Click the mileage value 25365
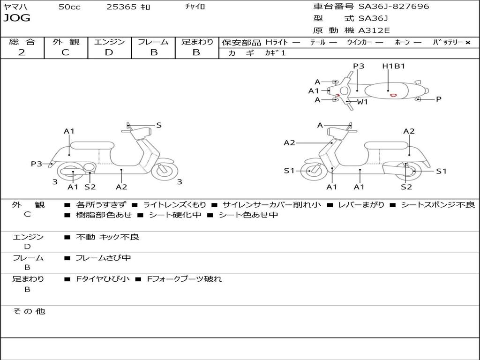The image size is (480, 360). pyautogui.click(x=121, y=7)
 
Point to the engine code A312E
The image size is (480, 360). pyautogui.click(x=374, y=31)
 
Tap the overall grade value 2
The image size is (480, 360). pyautogui.click(x=22, y=52)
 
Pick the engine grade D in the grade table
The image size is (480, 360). pyautogui.click(x=109, y=52)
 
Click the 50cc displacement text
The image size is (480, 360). pyautogui.click(x=69, y=7)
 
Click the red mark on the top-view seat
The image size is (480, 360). pyautogui.click(x=393, y=95)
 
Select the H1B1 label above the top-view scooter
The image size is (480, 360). pyautogui.click(x=393, y=66)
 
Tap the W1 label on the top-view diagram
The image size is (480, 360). pyautogui.click(x=362, y=102)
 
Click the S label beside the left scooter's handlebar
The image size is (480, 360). pyautogui.click(x=159, y=125)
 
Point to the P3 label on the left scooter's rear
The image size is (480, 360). pyautogui.click(x=37, y=164)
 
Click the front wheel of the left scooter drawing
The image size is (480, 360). pyautogui.click(x=165, y=171)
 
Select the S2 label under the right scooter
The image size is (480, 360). pyautogui.click(x=406, y=187)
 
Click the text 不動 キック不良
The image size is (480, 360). pyautogui.click(x=107, y=237)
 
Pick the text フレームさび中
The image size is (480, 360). pyautogui.click(x=103, y=258)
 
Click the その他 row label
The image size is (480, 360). pyautogui.click(x=29, y=311)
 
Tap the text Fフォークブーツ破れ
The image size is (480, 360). pyautogui.click(x=184, y=279)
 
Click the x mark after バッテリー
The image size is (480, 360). pyautogui.click(x=467, y=43)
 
